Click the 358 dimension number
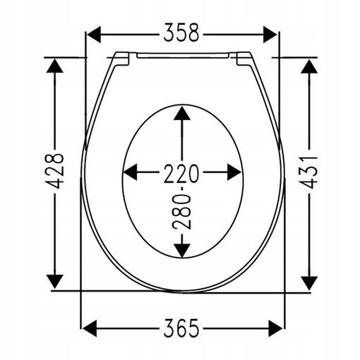pos(181,32)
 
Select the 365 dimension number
pos(181,328)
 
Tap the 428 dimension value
pos(55,171)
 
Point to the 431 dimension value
pos(309,172)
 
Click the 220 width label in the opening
pos(181,174)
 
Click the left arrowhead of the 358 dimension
pos(94,35)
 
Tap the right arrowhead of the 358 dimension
pos(270,35)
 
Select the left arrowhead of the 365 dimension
pos(90,328)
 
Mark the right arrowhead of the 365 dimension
pos(275,328)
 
